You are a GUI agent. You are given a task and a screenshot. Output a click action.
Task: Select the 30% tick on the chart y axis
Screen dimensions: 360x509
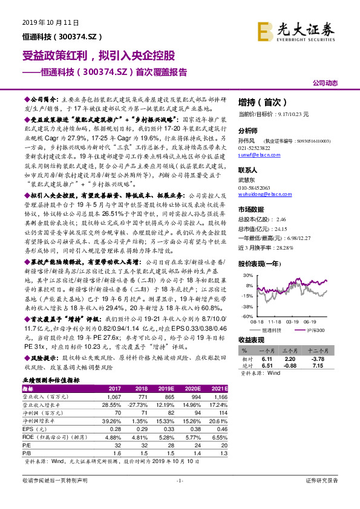coord(247,276)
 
